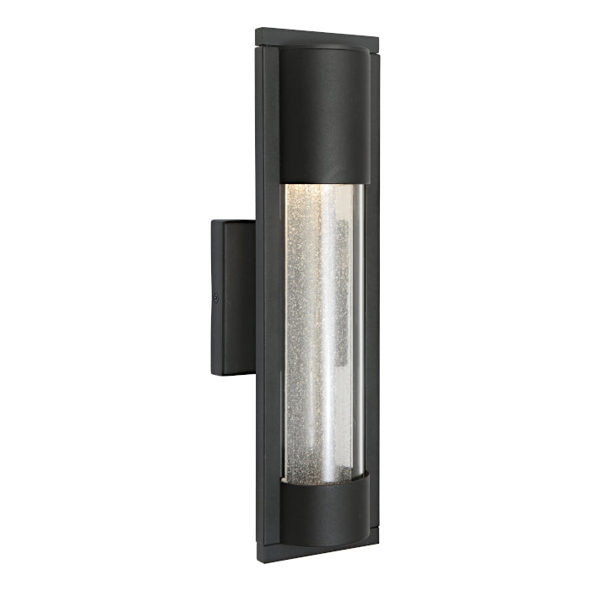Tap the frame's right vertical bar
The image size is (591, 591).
click(x=371, y=295)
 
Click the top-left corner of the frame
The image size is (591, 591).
click(x=258, y=30)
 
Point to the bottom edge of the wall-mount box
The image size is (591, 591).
click(x=232, y=373)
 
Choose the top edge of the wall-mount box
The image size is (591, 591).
click(x=233, y=222)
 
